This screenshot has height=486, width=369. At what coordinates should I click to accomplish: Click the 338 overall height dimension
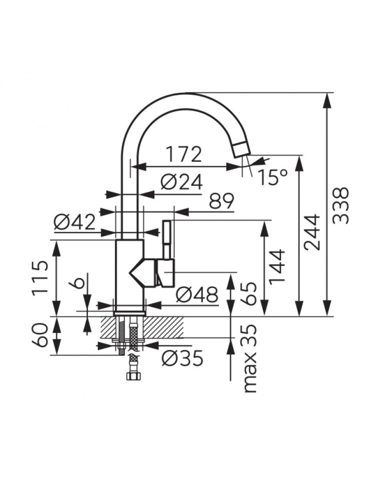click(x=342, y=205)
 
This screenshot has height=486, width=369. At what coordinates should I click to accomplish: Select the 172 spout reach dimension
click(x=184, y=155)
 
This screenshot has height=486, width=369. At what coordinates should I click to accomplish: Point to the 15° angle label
click(x=272, y=177)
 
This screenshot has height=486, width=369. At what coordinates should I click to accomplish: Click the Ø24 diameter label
click(x=181, y=182)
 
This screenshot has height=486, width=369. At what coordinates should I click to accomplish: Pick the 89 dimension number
click(x=221, y=201)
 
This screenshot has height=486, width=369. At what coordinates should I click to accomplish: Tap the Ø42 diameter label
click(x=74, y=223)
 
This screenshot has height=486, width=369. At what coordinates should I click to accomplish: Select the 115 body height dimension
click(x=41, y=278)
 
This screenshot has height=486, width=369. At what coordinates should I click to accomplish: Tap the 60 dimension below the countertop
click(x=41, y=335)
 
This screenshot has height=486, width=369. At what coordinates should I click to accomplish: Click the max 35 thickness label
click(x=251, y=359)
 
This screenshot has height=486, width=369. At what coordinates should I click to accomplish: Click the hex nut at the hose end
click(x=131, y=376)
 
